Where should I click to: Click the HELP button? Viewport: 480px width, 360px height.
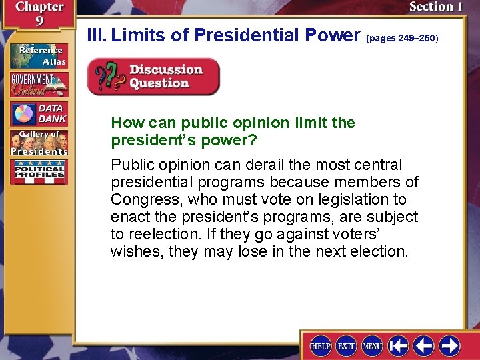click(321, 345)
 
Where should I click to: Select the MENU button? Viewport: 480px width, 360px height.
click(372, 345)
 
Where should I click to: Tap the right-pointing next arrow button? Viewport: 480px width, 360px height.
click(449, 345)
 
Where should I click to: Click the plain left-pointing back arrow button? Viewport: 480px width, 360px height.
click(424, 345)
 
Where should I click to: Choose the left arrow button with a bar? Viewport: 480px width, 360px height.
click(398, 345)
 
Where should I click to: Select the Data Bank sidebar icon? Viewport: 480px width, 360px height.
click(39, 114)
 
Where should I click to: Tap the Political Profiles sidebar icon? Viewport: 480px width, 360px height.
click(39, 172)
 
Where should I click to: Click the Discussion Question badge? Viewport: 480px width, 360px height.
click(153, 77)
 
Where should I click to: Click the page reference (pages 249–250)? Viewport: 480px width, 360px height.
click(402, 39)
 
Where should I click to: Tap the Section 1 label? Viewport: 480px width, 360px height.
click(436, 7)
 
